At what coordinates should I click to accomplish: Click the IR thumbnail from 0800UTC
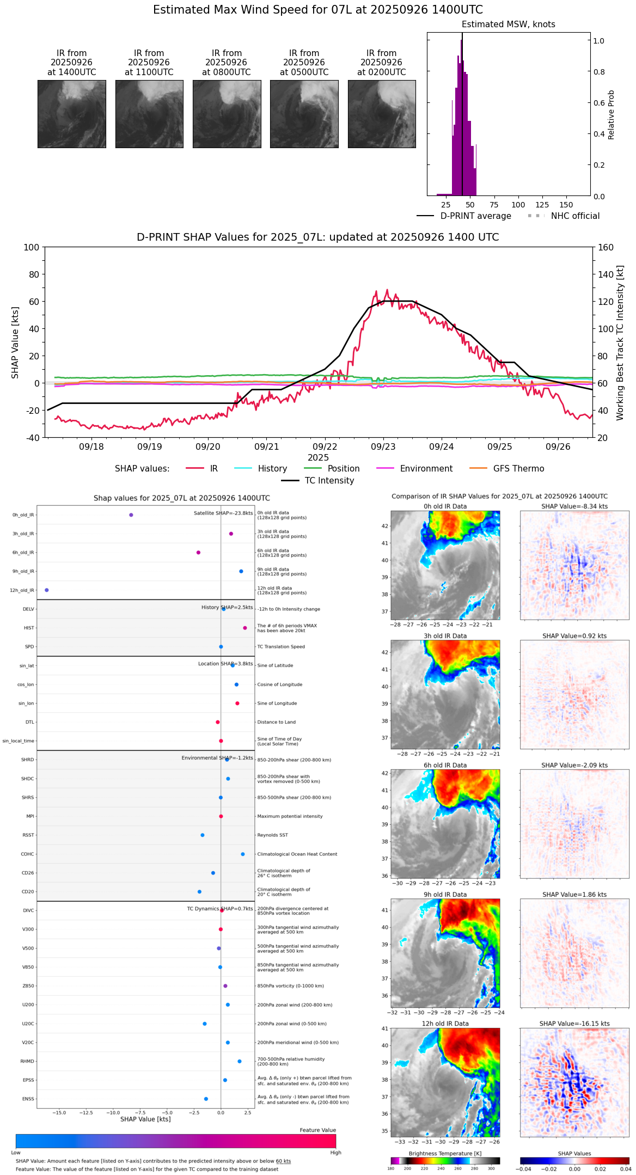click(227, 114)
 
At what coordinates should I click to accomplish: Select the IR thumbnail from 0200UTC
click(381, 114)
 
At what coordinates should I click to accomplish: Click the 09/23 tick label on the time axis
click(383, 447)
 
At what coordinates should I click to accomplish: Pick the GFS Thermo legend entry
click(518, 469)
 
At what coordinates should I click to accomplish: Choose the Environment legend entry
click(426, 469)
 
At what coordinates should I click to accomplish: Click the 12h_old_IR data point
click(46, 590)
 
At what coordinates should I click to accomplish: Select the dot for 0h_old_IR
click(131, 515)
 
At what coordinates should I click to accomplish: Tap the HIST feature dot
click(245, 628)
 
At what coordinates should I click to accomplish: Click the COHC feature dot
click(243, 854)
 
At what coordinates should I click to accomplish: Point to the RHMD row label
click(27, 1061)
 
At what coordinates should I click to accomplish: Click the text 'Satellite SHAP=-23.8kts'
click(223, 513)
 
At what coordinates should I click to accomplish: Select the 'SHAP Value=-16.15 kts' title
click(574, 1024)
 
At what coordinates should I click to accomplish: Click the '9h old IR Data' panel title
click(445, 895)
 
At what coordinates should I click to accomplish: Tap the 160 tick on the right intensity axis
click(606, 248)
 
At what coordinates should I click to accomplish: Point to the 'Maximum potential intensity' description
click(290, 817)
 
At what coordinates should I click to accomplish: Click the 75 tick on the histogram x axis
click(494, 205)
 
